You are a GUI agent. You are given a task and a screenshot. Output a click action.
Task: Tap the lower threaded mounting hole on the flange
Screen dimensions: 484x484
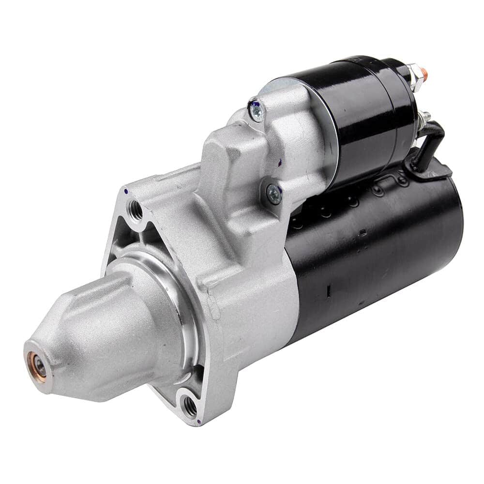(x=190, y=406)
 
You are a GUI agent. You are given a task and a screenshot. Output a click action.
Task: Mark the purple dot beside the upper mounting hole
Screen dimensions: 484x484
(x=126, y=192)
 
